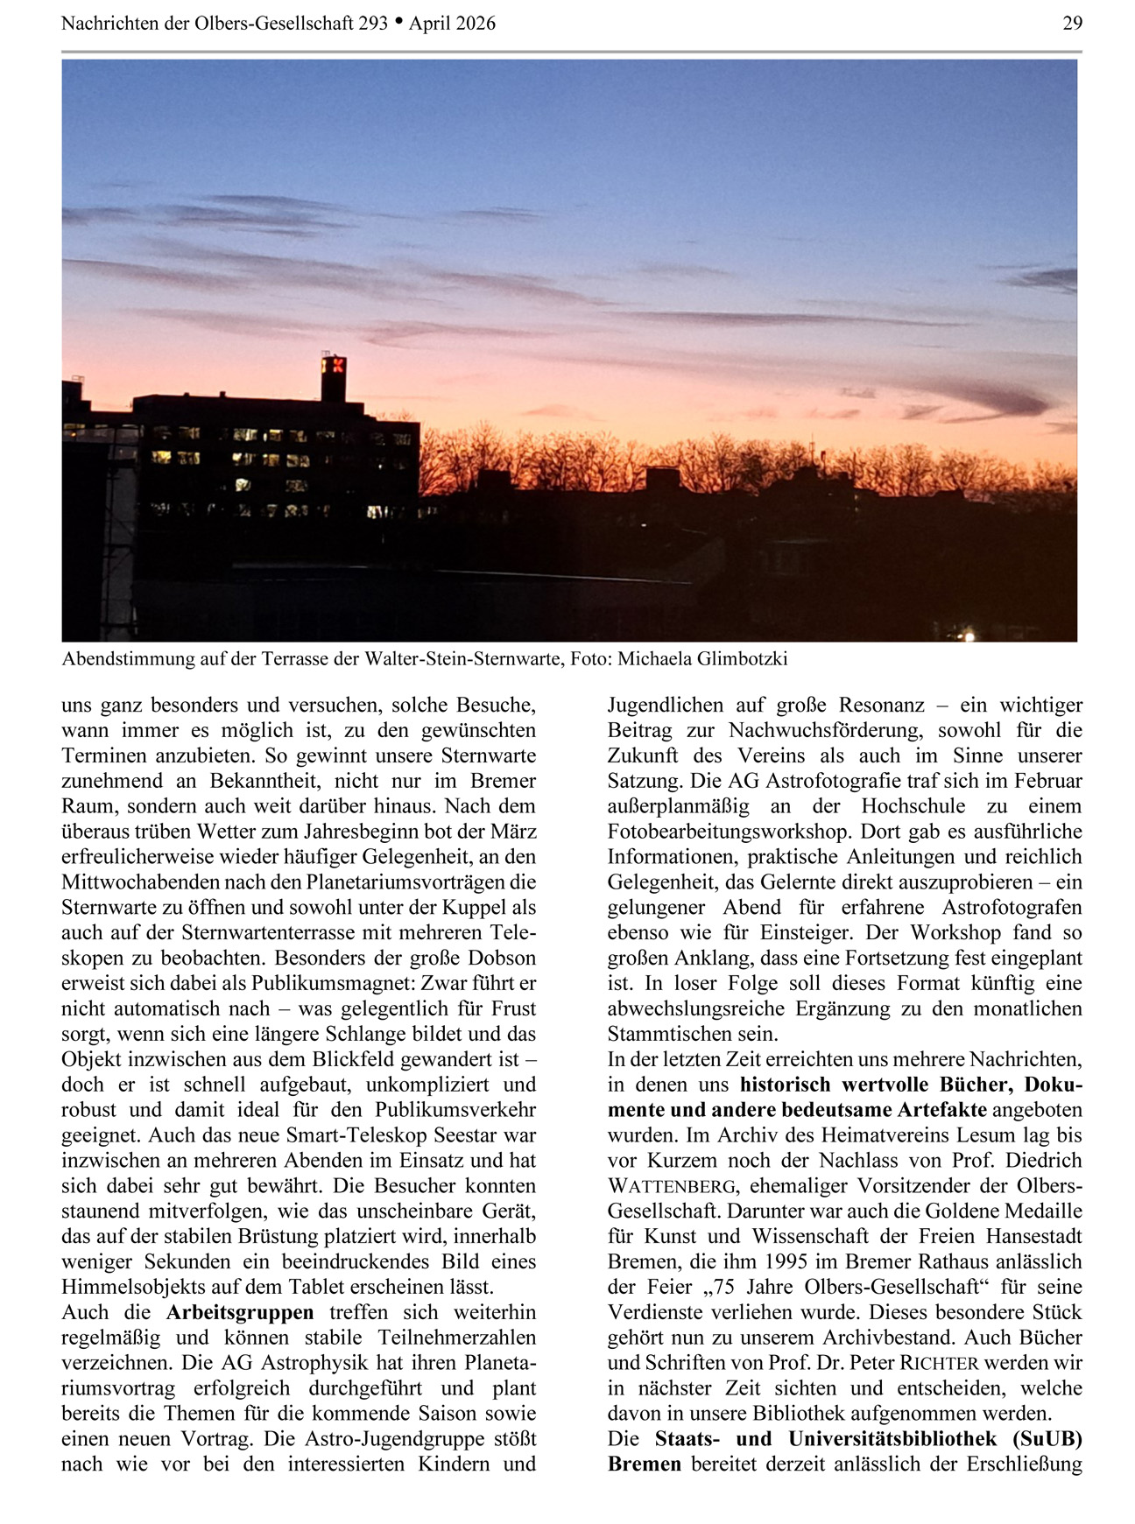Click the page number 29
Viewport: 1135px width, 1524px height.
pos(1072,24)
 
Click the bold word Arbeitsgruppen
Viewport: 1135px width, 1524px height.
pos(240,1313)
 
